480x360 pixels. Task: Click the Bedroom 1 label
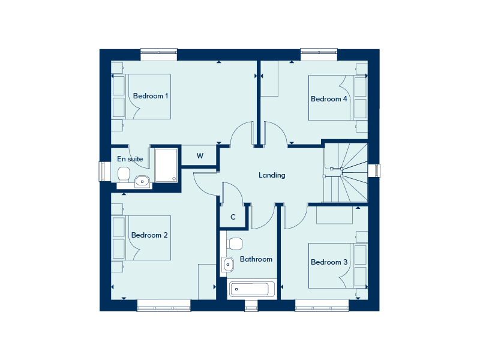pos(151,96)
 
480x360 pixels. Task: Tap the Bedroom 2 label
pos(149,235)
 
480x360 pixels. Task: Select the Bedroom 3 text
pos(329,262)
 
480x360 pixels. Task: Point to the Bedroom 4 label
pos(329,99)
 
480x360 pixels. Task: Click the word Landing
pos(272,175)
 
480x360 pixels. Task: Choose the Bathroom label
pos(256,259)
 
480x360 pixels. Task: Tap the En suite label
pos(130,159)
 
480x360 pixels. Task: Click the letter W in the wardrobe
pos(200,156)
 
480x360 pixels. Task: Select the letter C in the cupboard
pos(233,217)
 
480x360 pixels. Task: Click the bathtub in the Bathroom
pos(251,289)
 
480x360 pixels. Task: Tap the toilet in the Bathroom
pos(234,244)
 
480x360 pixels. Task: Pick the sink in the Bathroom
pos(228,264)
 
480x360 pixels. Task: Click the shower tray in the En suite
pos(166,166)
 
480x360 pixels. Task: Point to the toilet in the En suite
pos(124,175)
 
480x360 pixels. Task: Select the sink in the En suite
pos(142,182)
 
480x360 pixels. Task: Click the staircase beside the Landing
pos(346,173)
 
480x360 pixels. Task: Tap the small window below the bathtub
pos(251,305)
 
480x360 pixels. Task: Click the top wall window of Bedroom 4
pos(319,55)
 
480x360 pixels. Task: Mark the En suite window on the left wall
pos(104,172)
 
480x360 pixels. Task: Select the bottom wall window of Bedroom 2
pos(164,305)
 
